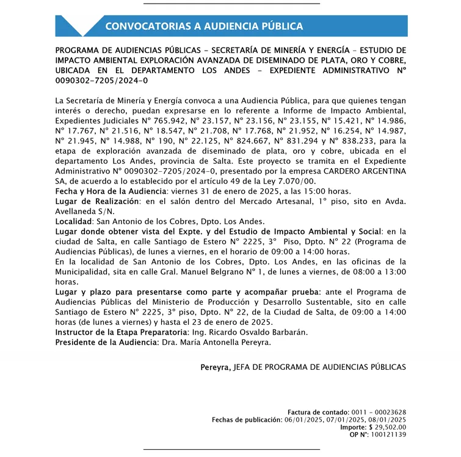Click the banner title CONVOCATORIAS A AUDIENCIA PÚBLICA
204,26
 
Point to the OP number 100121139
387,434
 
